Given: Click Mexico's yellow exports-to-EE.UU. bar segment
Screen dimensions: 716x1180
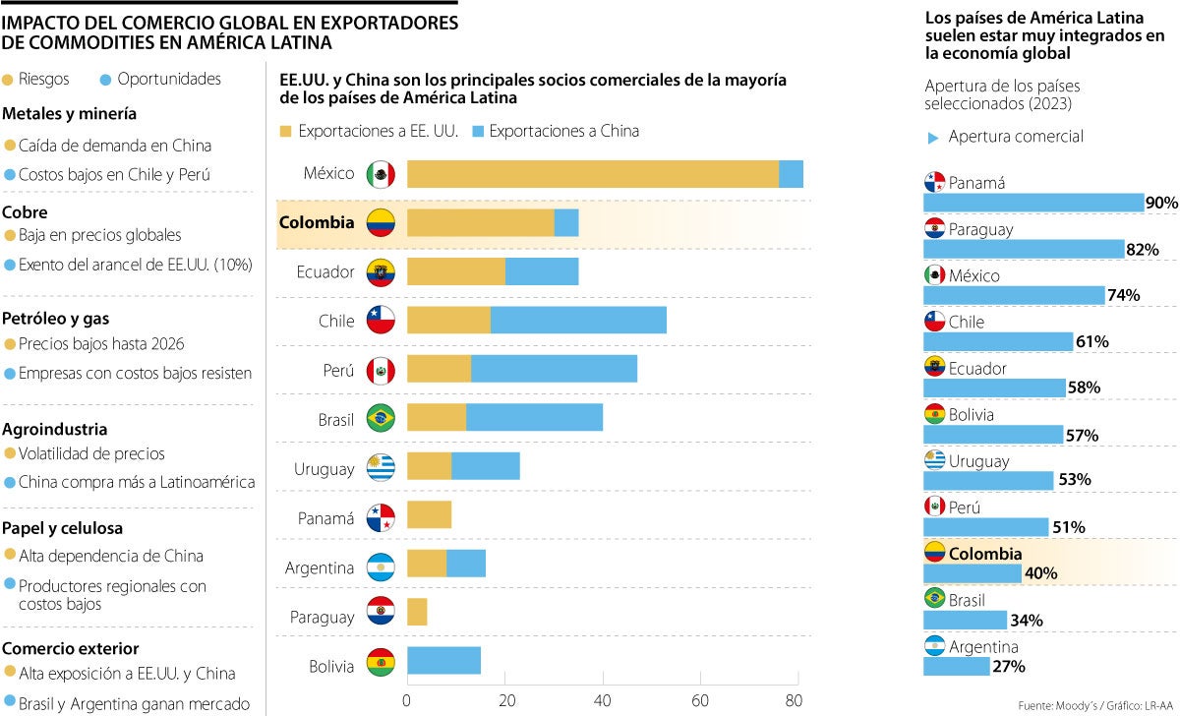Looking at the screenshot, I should (592, 174).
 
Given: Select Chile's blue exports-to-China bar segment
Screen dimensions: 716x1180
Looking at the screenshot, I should (578, 321).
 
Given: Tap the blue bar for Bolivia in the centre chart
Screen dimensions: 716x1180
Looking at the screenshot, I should (443, 661).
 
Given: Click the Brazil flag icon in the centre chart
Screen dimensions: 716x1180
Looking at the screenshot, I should (381, 420).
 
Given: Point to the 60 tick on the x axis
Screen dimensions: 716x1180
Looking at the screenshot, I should (699, 701).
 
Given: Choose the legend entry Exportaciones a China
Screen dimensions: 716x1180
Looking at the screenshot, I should (563, 131).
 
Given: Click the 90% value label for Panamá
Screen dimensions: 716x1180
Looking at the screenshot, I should (1161, 203).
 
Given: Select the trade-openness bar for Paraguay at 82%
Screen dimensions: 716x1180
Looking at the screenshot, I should (1023, 249).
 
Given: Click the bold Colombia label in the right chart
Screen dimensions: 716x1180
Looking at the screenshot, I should (985, 554).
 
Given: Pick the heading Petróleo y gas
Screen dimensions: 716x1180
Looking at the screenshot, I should (56, 319).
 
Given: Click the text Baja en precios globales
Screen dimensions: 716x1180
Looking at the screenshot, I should (99, 236).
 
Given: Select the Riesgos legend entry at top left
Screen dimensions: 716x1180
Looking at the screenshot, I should (37, 80).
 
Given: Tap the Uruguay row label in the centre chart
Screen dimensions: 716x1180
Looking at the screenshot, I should (324, 469).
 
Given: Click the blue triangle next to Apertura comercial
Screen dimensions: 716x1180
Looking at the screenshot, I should (933, 138).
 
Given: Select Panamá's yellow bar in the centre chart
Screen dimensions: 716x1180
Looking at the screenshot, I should (429, 514).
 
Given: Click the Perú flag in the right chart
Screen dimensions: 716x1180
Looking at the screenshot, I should (934, 507).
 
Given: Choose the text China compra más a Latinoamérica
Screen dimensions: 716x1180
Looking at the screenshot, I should (137, 482).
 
